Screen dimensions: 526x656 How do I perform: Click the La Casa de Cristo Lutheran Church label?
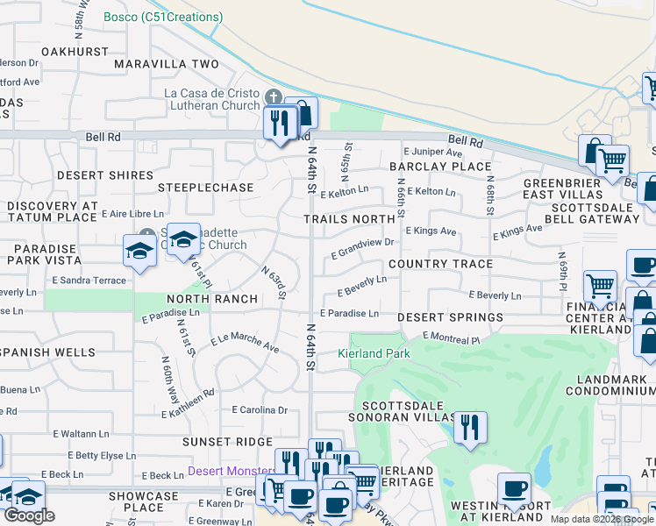tap(211, 99)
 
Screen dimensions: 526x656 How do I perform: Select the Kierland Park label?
tap(374, 353)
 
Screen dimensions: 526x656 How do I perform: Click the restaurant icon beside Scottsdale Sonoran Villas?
tap(471, 428)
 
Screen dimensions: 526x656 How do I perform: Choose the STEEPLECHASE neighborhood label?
tap(205, 188)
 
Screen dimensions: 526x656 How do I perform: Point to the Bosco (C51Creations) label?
tap(163, 17)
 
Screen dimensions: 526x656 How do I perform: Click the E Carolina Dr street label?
tap(260, 409)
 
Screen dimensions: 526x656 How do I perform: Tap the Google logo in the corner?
tap(29, 515)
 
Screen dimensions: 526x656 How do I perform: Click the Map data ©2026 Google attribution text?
tap(602, 519)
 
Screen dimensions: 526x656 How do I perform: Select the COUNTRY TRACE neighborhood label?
tap(435, 264)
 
